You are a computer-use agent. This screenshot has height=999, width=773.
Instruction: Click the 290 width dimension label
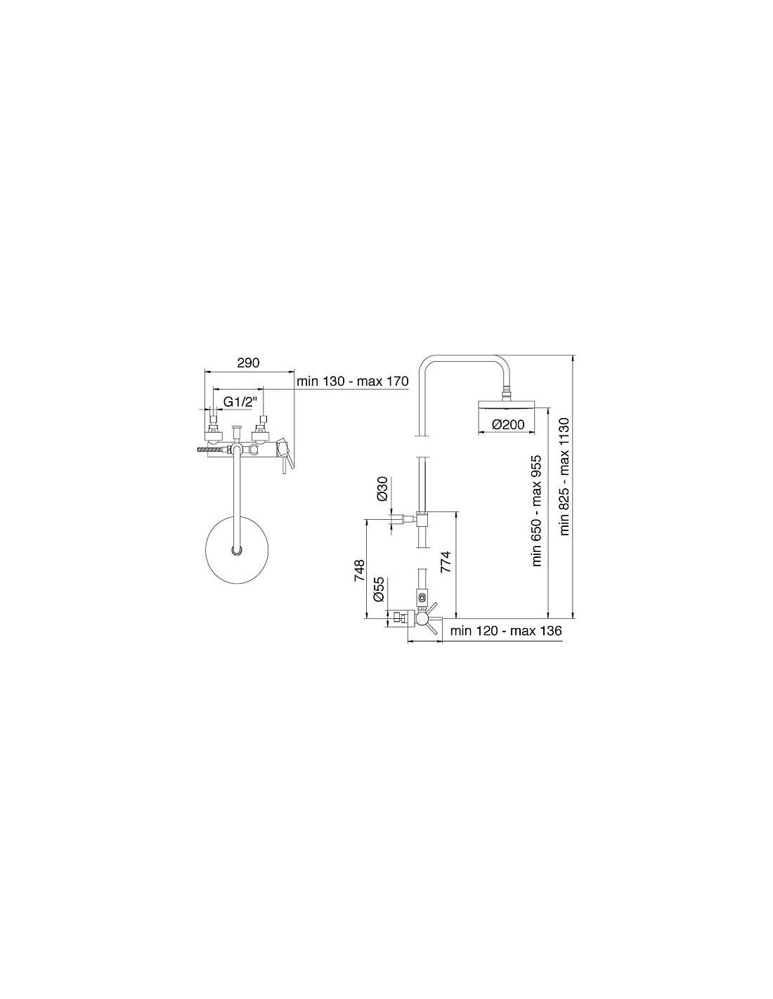point(248,363)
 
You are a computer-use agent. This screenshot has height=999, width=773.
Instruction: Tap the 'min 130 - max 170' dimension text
point(352,381)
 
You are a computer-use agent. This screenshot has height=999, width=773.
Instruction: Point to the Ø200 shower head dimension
point(507,424)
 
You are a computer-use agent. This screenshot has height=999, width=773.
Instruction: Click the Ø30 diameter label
point(382,489)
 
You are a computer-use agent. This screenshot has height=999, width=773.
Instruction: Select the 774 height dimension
point(446,562)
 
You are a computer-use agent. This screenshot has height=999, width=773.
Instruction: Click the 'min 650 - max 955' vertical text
point(537,511)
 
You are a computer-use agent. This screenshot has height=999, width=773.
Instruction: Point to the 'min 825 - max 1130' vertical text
point(564,476)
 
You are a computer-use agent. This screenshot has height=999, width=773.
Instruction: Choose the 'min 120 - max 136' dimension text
point(506,630)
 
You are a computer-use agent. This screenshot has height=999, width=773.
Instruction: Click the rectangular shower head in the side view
point(507,404)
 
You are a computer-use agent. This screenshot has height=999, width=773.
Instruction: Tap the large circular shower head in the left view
point(238,550)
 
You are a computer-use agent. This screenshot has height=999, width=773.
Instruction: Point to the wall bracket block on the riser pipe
point(422,519)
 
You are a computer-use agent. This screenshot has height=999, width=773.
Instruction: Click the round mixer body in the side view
point(422,619)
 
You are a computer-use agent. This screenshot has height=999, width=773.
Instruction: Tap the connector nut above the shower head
point(507,393)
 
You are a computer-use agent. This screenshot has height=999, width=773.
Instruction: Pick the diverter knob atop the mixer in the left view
point(237,433)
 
